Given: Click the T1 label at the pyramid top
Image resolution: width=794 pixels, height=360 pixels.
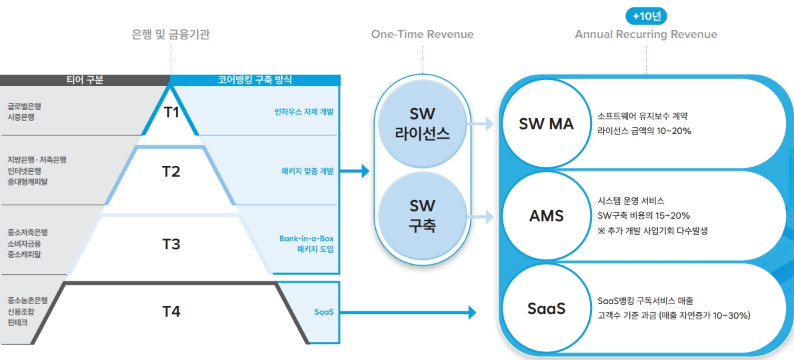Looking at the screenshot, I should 171,112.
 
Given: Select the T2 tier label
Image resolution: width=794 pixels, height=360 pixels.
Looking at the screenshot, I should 171,171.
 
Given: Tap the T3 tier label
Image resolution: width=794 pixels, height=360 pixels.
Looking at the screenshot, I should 171,244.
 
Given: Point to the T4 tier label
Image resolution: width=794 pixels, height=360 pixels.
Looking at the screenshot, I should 171,311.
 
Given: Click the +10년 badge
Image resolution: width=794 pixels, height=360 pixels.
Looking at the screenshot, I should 646,16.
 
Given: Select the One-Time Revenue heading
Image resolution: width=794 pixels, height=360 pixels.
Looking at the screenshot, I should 422,35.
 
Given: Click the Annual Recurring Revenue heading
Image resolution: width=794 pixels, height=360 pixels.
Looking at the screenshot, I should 646,35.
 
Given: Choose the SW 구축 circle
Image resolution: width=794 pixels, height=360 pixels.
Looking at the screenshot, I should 422,215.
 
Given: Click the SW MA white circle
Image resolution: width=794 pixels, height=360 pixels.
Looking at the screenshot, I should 546,124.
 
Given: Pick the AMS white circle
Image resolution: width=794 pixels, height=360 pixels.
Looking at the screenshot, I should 546,216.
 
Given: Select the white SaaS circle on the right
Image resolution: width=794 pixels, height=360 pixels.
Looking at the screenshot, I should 546,309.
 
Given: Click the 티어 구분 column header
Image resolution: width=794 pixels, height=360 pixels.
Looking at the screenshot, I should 85,80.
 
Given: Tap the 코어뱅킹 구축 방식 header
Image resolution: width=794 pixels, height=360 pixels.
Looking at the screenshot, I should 255,80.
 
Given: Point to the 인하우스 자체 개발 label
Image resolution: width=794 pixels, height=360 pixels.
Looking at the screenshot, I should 304,112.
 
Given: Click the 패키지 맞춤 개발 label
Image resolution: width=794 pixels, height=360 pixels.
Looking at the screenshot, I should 307,171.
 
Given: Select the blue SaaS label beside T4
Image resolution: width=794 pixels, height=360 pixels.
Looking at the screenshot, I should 324,311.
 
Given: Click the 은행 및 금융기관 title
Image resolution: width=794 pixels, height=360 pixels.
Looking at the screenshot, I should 171,35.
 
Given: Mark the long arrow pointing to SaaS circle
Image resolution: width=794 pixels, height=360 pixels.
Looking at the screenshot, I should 407,312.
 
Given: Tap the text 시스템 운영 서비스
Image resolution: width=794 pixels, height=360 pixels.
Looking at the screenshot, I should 631,201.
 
